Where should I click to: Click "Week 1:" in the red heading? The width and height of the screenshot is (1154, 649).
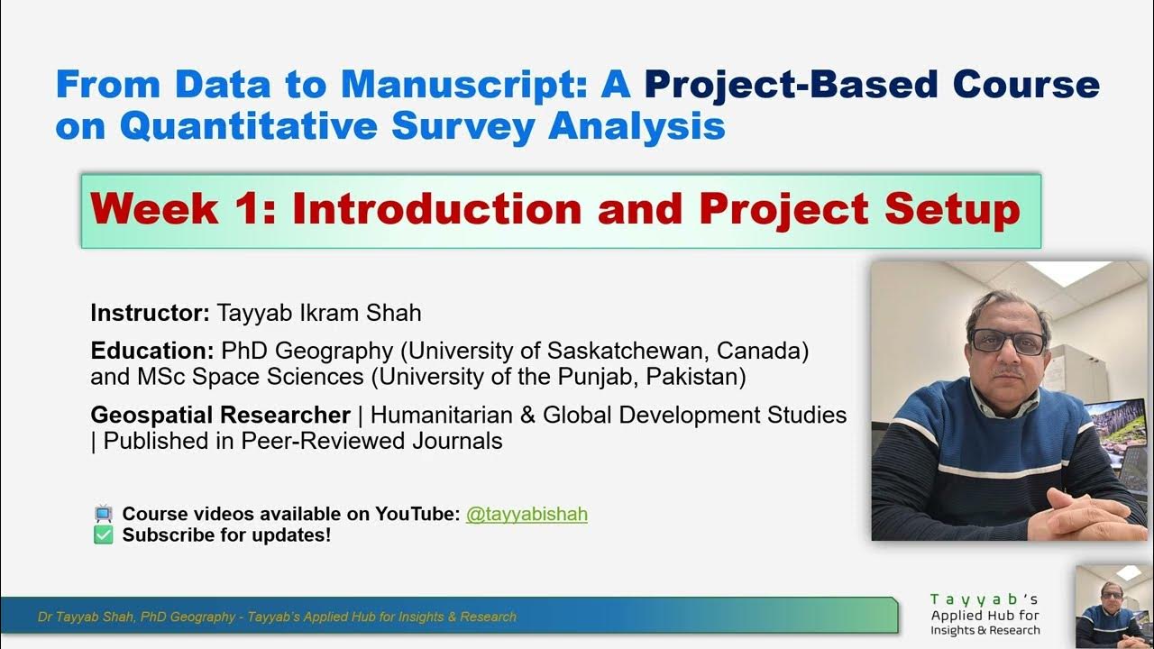[x=182, y=210]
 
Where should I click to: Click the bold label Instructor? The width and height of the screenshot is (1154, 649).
[x=151, y=314]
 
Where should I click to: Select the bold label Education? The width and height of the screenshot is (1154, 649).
[x=152, y=350]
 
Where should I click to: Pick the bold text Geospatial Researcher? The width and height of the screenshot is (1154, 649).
[x=220, y=416]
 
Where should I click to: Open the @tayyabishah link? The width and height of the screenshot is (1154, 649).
[x=527, y=514]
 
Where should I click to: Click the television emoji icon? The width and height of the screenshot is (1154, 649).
[x=104, y=515]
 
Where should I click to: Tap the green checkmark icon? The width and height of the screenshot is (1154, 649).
[x=104, y=535]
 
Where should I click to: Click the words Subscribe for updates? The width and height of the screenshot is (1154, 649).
[x=226, y=535]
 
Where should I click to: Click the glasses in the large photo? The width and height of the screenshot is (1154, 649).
[x=1007, y=341]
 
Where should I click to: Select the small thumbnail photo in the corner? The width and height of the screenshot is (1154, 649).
[x=1114, y=607]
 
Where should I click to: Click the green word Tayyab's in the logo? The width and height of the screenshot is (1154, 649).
[x=985, y=599]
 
